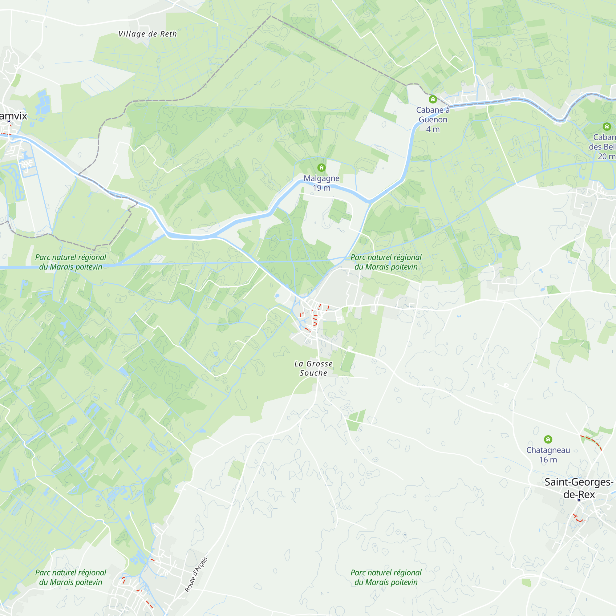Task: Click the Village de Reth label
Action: pyautogui.click(x=147, y=34)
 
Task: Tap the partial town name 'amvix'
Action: pyautogui.click(x=13, y=116)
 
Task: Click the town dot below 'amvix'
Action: pyautogui.click(x=9, y=121)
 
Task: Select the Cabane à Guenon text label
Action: pyautogui.click(x=433, y=115)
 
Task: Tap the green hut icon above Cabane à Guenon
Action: pyautogui.click(x=433, y=99)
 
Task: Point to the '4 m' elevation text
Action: pyautogui.click(x=433, y=129)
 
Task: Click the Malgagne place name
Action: pyautogui.click(x=321, y=178)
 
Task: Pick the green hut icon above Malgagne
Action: pyautogui.click(x=321, y=167)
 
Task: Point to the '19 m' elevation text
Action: pyautogui.click(x=321, y=188)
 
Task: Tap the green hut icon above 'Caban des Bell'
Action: pyautogui.click(x=607, y=127)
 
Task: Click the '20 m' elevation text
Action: pyautogui.click(x=606, y=156)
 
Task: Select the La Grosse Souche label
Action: pyautogui.click(x=314, y=368)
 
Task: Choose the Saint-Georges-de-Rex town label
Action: pyautogui.click(x=579, y=488)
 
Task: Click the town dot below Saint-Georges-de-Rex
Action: pyautogui.click(x=579, y=500)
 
